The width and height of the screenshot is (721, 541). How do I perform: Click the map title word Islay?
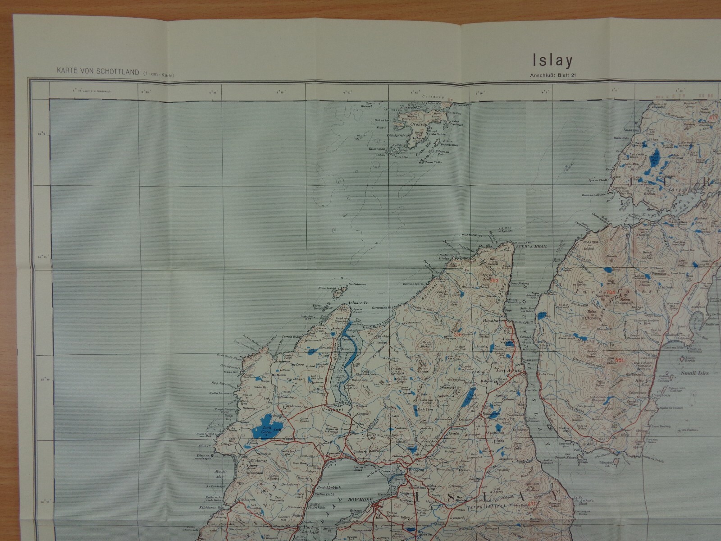click(x=552, y=60)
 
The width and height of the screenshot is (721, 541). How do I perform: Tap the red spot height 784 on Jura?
click(x=611, y=292)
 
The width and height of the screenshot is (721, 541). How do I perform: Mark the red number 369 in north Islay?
click(x=494, y=281)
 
